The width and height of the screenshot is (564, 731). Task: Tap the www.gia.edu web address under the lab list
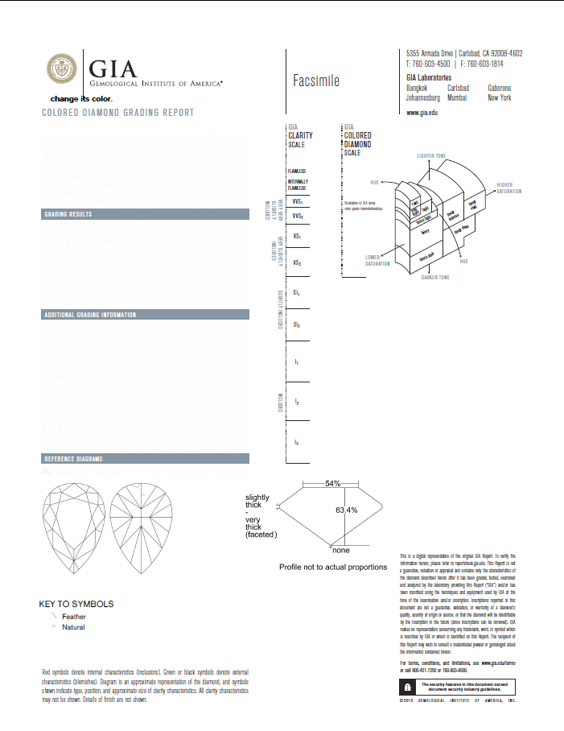422,115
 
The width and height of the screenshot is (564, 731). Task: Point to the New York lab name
499,97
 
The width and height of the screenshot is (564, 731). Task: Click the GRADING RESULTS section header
68,215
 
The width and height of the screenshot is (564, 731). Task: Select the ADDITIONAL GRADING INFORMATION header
89,315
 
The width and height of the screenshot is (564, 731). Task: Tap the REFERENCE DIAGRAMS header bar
72,459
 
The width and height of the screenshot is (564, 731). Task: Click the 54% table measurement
332,484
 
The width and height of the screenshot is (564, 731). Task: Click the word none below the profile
341,551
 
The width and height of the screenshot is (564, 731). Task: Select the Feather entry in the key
73,617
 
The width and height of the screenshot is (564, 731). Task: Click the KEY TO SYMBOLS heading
76,604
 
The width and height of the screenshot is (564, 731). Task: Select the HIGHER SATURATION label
510,188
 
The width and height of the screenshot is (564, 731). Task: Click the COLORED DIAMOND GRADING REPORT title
117,113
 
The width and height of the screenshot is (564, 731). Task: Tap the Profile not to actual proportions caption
332,568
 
